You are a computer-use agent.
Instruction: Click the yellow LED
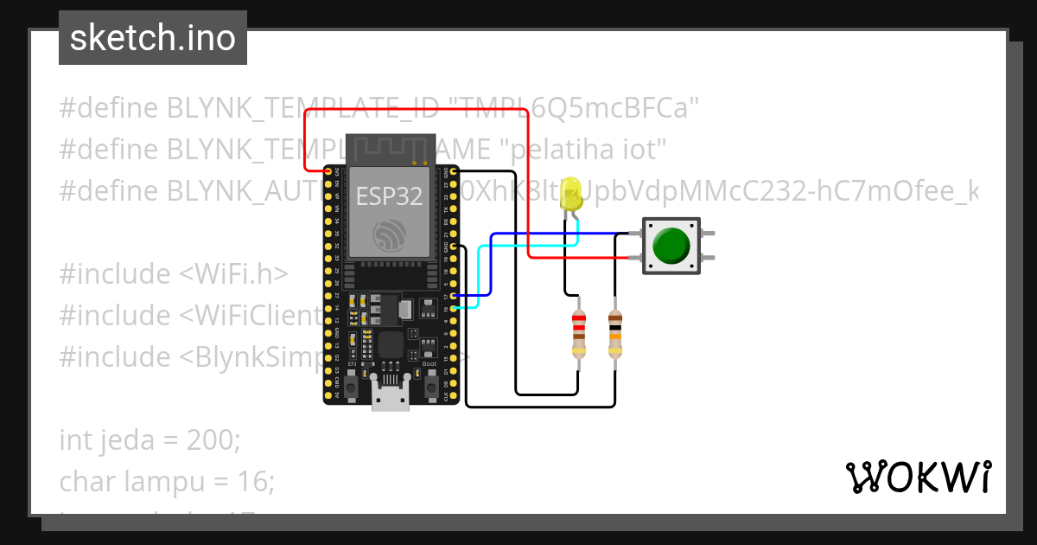pyautogui.click(x=570, y=195)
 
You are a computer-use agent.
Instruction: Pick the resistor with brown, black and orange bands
pyautogui.click(x=614, y=335)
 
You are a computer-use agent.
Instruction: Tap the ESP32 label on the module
pyautogui.click(x=390, y=196)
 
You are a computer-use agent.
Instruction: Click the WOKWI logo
pyautogui.click(x=918, y=478)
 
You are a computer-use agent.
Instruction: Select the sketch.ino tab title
pyautogui.click(x=153, y=38)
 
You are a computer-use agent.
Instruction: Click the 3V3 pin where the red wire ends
pyautogui.click(x=329, y=172)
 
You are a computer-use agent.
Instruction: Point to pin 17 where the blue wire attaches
pyautogui.click(x=452, y=296)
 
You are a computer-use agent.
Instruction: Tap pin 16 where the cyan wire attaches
pyautogui.click(x=452, y=308)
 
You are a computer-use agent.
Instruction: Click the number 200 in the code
pyautogui.click(x=211, y=440)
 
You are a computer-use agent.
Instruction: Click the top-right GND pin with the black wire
pyautogui.click(x=452, y=247)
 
